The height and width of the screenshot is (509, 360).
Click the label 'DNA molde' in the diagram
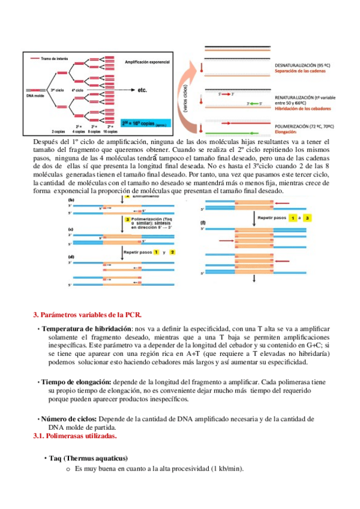tap(35, 95)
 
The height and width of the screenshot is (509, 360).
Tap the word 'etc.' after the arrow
tap(142, 91)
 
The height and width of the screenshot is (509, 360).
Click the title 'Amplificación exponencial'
tap(147, 61)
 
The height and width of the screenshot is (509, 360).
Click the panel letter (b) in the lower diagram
tap(71, 199)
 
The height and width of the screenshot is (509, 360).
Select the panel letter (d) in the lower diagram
tap(71, 256)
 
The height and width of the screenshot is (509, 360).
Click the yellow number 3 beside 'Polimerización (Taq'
tap(127, 220)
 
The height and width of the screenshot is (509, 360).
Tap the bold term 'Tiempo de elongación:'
tap(76, 382)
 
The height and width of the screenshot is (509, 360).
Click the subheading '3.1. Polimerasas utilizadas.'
tap(74, 436)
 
